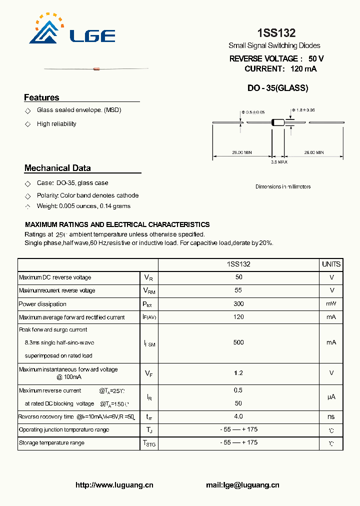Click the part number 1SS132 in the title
point(276,33)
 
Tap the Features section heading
point(41,97)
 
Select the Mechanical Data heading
point(57,168)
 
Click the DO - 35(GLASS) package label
point(278,88)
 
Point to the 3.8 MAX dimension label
point(279,162)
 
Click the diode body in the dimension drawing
point(277,122)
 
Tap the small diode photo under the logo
point(96,68)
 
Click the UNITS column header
point(331,264)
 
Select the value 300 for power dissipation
point(238,304)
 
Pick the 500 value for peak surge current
point(238,342)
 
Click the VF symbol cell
point(148,373)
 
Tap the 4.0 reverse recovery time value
point(238,416)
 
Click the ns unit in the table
point(331,416)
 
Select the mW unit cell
point(331,304)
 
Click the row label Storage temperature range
point(51,443)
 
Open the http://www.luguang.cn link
point(114,485)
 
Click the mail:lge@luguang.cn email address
point(242,485)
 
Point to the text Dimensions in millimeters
point(283,186)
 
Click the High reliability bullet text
point(56,124)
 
